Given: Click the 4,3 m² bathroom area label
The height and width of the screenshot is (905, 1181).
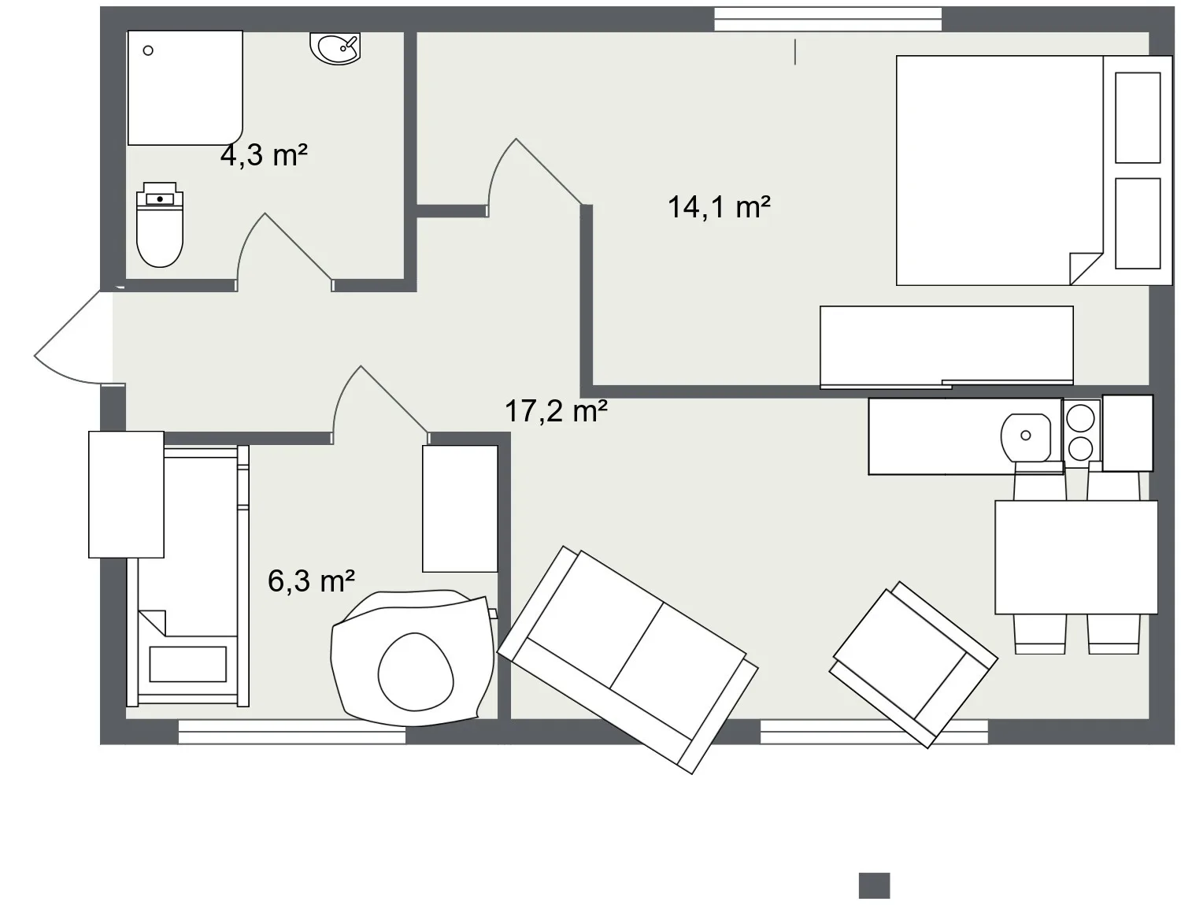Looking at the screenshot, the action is [264, 155].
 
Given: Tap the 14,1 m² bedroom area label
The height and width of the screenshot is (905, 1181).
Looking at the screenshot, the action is [719, 207].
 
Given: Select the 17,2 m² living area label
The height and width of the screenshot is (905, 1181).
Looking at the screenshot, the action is [556, 410].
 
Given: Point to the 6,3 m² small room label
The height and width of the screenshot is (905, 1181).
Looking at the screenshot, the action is [311, 580].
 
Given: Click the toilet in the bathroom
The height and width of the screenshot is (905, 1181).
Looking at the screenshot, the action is [160, 224].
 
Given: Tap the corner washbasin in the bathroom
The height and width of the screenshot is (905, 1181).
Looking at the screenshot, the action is [336, 48].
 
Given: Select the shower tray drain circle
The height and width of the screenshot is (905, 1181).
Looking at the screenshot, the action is [148, 50].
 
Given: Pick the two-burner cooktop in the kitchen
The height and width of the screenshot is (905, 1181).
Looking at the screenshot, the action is [1081, 432].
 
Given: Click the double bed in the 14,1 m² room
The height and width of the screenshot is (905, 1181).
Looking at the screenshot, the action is [1034, 170].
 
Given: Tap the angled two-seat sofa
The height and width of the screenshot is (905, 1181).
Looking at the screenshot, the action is [628, 659].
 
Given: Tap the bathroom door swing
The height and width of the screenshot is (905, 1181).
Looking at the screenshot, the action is [284, 249].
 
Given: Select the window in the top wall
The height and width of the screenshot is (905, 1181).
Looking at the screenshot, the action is [827, 19].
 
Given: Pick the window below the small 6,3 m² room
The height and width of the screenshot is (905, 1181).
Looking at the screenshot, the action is [292, 732].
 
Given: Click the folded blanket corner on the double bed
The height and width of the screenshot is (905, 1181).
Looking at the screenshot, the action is [1086, 269].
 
